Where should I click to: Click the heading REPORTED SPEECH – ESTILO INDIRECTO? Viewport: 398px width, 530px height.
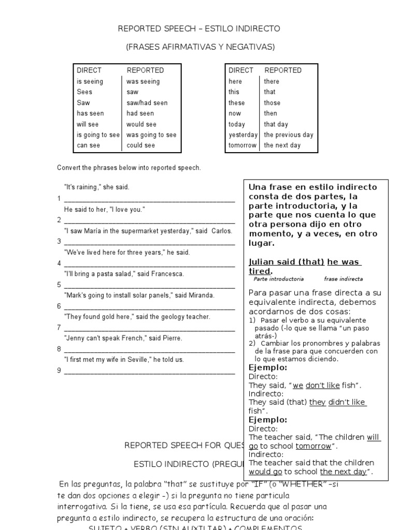pyautogui.click(x=200, y=28)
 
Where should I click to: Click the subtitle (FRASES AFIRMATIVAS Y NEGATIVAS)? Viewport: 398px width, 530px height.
pyautogui.click(x=200, y=47)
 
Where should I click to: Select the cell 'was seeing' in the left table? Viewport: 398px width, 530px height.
pyautogui.click(x=143, y=81)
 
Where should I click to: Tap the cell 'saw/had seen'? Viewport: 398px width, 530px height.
pyautogui.click(x=147, y=102)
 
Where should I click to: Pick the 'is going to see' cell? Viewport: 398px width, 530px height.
pyautogui.click(x=98, y=135)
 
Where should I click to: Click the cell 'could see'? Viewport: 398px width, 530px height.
pyautogui.click(x=140, y=145)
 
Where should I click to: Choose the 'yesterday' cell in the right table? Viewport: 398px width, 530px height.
pyautogui.click(x=243, y=135)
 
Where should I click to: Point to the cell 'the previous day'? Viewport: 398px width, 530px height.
pyautogui.click(x=288, y=135)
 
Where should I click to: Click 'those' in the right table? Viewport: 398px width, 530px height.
pyautogui.click(x=272, y=102)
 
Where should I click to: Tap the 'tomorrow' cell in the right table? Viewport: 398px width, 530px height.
pyautogui.click(x=243, y=145)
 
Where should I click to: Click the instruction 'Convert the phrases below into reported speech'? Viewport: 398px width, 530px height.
pyautogui.click(x=129, y=168)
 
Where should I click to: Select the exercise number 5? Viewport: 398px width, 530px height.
pyautogui.click(x=59, y=285)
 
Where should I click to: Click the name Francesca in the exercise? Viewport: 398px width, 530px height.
pyautogui.click(x=167, y=274)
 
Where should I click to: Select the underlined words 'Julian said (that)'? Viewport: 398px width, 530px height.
pyautogui.click(x=287, y=261)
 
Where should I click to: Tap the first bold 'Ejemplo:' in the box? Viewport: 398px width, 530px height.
pyautogui.click(x=268, y=367)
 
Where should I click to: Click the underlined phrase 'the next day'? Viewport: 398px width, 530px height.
pyautogui.click(x=344, y=472)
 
